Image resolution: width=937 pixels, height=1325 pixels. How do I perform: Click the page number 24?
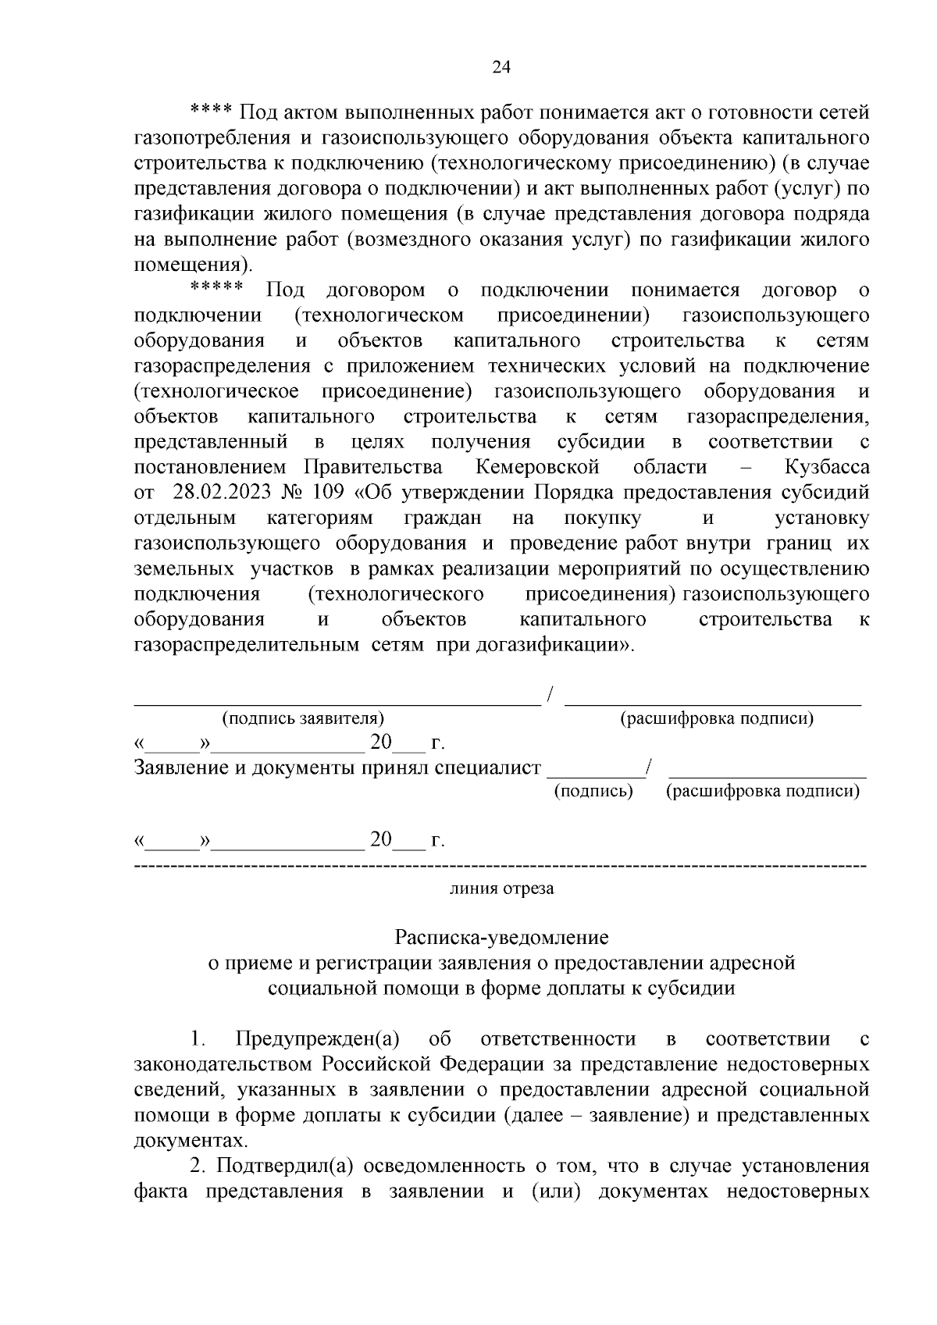pos(501,68)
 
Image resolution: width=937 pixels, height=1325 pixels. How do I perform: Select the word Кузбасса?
pos(827,467)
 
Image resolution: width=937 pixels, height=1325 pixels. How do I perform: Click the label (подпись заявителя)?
pos(303,718)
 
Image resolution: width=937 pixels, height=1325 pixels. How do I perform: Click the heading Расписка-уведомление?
pos(501,936)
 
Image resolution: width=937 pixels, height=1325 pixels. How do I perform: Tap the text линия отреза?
pos(501,889)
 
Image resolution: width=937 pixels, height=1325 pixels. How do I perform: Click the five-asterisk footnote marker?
pos(217,289)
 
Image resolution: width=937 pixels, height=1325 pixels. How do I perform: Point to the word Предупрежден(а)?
pos(317,1039)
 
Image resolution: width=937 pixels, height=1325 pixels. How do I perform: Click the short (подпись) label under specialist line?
pos(593,792)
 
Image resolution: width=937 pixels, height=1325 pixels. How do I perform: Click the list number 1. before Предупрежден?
pos(197,1039)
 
